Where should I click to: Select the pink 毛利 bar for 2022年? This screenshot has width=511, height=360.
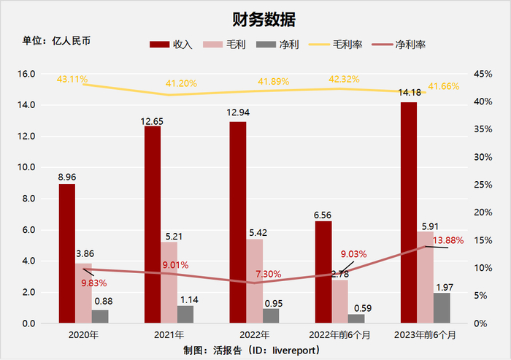click(254, 281)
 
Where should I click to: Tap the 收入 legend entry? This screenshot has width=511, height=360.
click(171, 45)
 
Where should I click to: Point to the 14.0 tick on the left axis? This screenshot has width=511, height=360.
click(26, 105)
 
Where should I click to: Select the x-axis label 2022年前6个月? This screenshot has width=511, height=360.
click(339, 335)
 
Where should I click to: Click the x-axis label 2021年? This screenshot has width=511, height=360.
click(169, 335)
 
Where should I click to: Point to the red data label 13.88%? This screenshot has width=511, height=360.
click(447, 240)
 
